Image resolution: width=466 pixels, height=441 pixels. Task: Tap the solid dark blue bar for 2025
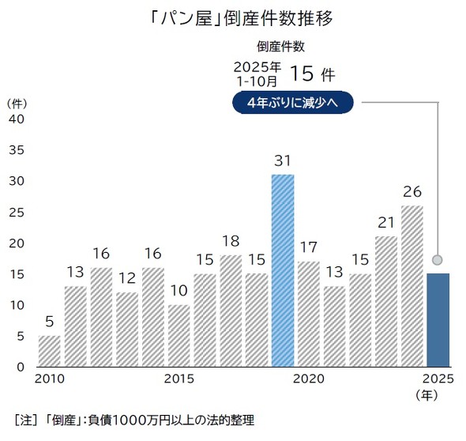click(438, 320)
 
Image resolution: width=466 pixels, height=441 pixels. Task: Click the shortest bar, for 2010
click(50, 351)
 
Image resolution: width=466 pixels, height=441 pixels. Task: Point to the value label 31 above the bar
click(283, 161)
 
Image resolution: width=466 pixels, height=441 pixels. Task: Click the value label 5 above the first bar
click(50, 322)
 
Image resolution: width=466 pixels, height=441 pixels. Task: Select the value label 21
click(385, 223)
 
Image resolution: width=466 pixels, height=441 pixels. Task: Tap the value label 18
click(231, 241)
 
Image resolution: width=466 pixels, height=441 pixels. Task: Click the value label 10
click(179, 291)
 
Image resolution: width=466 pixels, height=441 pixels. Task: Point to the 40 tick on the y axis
click(17, 119)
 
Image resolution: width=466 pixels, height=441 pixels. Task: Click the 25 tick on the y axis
click(17, 212)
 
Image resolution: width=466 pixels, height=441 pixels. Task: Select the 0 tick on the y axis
click(20, 367)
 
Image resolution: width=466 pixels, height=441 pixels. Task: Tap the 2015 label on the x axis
click(179, 379)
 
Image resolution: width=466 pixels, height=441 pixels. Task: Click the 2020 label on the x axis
click(309, 379)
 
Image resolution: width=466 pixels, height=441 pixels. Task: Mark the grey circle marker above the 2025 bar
click(437, 259)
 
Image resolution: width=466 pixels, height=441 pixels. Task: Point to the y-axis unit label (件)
click(17, 103)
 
